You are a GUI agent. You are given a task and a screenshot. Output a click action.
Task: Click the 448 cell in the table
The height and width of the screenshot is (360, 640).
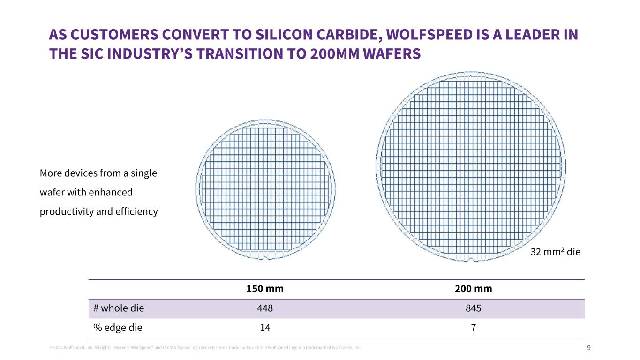point(265,308)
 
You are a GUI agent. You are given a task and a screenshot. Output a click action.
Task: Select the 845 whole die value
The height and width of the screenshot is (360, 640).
point(474,308)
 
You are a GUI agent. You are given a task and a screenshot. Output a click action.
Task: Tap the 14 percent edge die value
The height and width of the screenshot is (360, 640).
point(265,328)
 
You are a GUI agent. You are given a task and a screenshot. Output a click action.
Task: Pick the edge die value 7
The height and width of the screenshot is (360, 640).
point(474,328)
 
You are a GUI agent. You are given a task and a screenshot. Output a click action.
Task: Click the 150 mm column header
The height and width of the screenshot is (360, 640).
point(265,289)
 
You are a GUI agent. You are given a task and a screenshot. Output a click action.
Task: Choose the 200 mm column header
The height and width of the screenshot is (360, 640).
point(474,289)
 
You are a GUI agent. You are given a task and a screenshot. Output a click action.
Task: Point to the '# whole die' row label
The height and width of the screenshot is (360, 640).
point(119,308)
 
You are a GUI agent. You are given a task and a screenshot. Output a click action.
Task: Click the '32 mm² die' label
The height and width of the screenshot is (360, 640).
point(555,252)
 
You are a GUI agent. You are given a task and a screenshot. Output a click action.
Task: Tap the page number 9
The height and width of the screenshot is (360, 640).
point(589,348)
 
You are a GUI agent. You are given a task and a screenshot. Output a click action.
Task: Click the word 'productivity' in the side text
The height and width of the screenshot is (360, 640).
point(66,212)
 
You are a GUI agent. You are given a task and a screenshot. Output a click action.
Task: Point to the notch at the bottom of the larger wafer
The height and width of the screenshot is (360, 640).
point(471,259)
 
